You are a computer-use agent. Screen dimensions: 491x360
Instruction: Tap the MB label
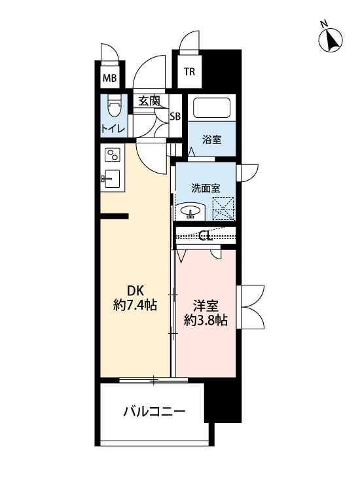(109, 80)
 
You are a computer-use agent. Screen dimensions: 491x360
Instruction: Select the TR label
(189, 72)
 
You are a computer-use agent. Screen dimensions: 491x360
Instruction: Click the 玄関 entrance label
(149, 101)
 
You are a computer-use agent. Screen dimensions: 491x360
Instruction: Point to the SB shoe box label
(175, 117)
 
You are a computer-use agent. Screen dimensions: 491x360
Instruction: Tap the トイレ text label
(113, 129)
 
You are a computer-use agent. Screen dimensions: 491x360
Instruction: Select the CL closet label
(205, 236)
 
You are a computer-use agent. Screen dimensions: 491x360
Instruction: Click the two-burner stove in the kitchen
(113, 156)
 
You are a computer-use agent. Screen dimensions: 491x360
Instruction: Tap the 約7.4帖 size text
(135, 305)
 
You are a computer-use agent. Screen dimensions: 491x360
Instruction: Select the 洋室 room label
(205, 306)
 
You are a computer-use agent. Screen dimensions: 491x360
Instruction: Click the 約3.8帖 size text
(205, 321)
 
